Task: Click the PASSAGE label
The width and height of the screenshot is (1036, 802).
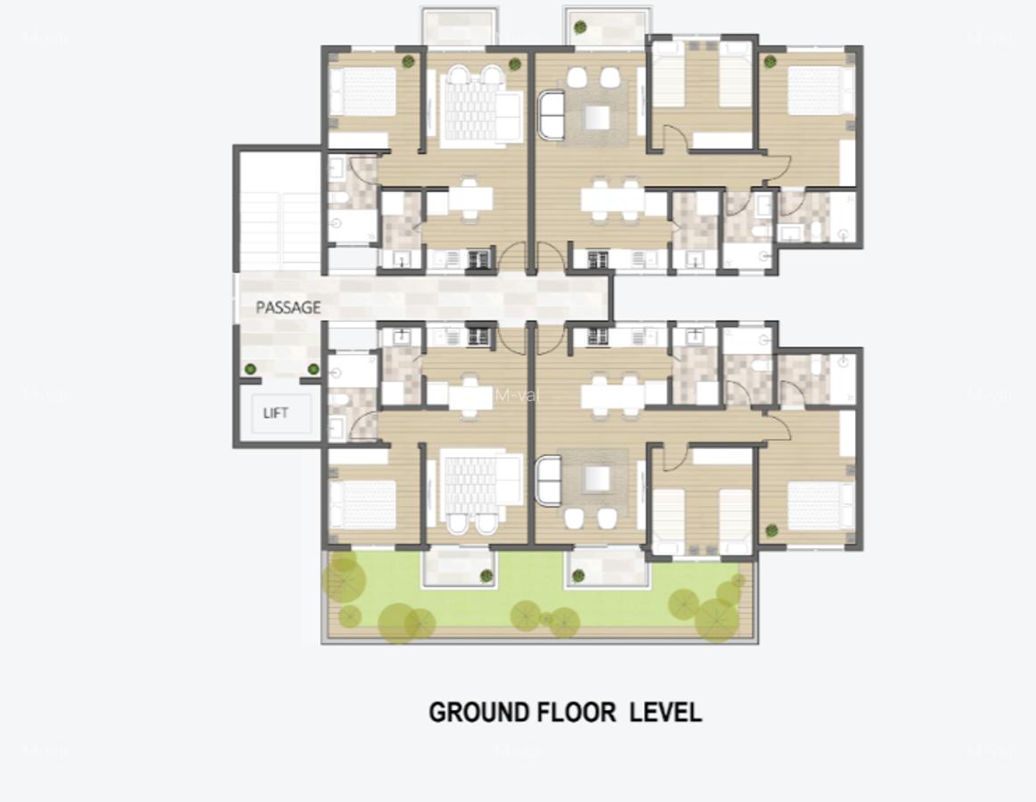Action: coord(288,307)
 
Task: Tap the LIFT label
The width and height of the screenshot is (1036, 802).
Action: coord(276,413)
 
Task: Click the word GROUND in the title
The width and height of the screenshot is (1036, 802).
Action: coord(478,713)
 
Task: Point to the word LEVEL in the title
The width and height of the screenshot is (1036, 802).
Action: coord(665,713)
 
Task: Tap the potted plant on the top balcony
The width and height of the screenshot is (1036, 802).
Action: coord(581,28)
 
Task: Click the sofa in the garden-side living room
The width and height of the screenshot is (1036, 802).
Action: coord(550,481)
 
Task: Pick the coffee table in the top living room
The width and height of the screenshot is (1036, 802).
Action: coord(596,117)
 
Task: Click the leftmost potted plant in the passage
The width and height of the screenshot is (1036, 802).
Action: coord(250,369)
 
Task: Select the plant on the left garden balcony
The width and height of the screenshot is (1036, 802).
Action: coord(486,577)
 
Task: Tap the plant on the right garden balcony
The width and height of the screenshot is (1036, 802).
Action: coord(578,577)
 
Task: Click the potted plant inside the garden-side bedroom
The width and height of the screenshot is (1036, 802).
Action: coord(771,531)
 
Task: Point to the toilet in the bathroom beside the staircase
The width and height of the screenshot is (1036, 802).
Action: coord(338,197)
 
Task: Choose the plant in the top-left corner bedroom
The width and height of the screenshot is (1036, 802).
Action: coord(408,61)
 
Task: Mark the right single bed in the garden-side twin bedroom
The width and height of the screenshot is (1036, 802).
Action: coord(736,520)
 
